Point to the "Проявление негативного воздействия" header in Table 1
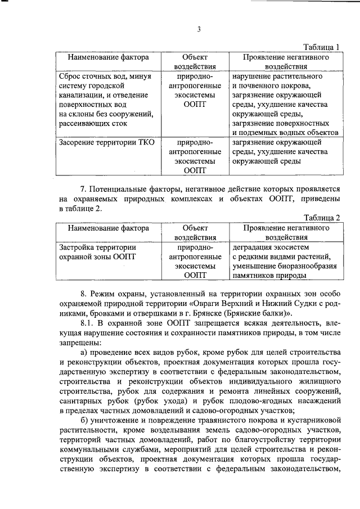[x=285, y=62]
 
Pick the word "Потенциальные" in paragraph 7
[x=122, y=189]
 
